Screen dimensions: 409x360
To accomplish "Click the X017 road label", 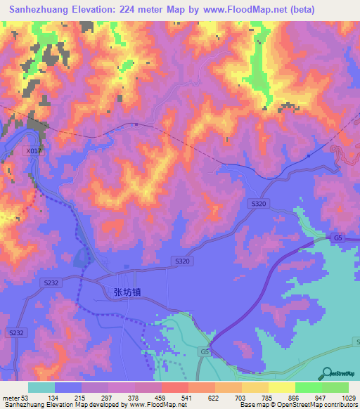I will coord(33,150).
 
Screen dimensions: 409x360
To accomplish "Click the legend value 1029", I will coord(349,398).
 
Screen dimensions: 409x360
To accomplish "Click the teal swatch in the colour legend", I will coord(41,387).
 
